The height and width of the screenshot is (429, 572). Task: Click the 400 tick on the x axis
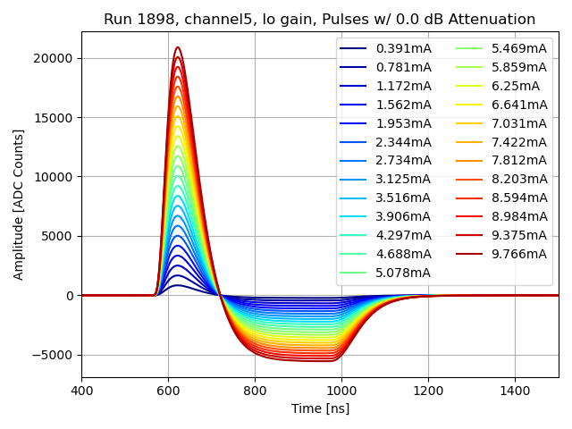coord(81,391)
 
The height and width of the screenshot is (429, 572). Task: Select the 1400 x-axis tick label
coord(515,391)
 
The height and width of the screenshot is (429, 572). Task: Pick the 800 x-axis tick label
coord(255,391)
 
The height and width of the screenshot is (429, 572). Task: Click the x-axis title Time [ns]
coord(320,408)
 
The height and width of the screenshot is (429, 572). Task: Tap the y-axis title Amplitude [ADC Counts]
coord(19,205)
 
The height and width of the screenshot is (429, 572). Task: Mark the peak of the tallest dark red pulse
coord(178,47)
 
